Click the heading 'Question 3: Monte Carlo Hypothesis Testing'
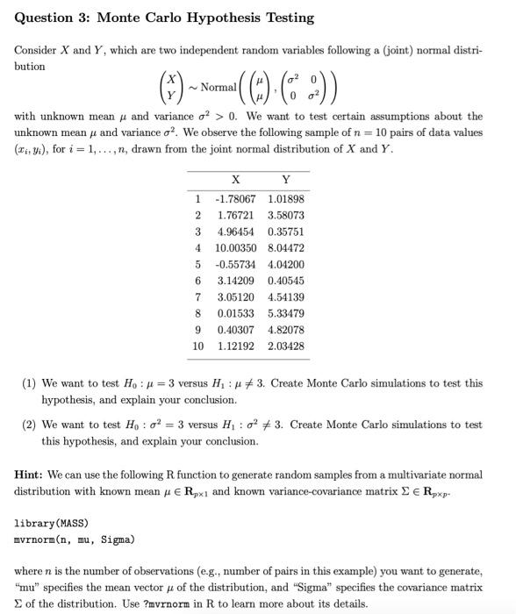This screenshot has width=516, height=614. click(x=164, y=18)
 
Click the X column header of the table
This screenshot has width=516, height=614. click(x=234, y=182)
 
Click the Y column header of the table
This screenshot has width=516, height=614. click(x=286, y=182)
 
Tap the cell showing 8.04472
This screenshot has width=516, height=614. click(x=286, y=247)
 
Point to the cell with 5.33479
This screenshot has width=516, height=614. click(x=286, y=313)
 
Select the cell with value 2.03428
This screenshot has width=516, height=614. click(x=286, y=346)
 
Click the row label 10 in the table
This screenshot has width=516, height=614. click(x=197, y=346)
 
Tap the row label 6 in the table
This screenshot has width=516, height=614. click(x=198, y=281)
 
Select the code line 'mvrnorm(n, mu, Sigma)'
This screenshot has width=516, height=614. click(x=74, y=539)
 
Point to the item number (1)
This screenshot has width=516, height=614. click(x=29, y=383)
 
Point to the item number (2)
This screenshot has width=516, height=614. click(x=29, y=425)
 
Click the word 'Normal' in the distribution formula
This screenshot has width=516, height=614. click(x=218, y=87)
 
